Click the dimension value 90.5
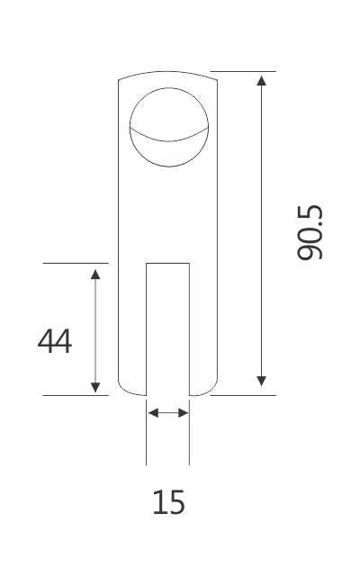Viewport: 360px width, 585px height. [x=310, y=232]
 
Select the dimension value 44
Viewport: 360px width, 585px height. [x=55, y=341]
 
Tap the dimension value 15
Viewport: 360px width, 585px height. [x=168, y=501]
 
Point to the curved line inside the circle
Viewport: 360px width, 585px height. [x=168, y=141]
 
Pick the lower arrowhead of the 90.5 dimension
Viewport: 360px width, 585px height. [x=261, y=382]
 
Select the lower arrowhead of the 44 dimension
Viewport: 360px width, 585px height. [x=95, y=386]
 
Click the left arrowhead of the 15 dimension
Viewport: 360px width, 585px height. [x=152, y=413]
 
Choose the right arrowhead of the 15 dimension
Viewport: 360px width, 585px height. [x=184, y=413]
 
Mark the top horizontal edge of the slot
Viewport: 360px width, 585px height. [x=168, y=264]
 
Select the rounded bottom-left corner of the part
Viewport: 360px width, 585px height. [x=122, y=390]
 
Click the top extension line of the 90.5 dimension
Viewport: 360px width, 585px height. [x=243, y=71]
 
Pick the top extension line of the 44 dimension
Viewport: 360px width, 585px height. [x=76, y=264]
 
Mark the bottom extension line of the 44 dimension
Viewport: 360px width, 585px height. [x=76, y=394]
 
